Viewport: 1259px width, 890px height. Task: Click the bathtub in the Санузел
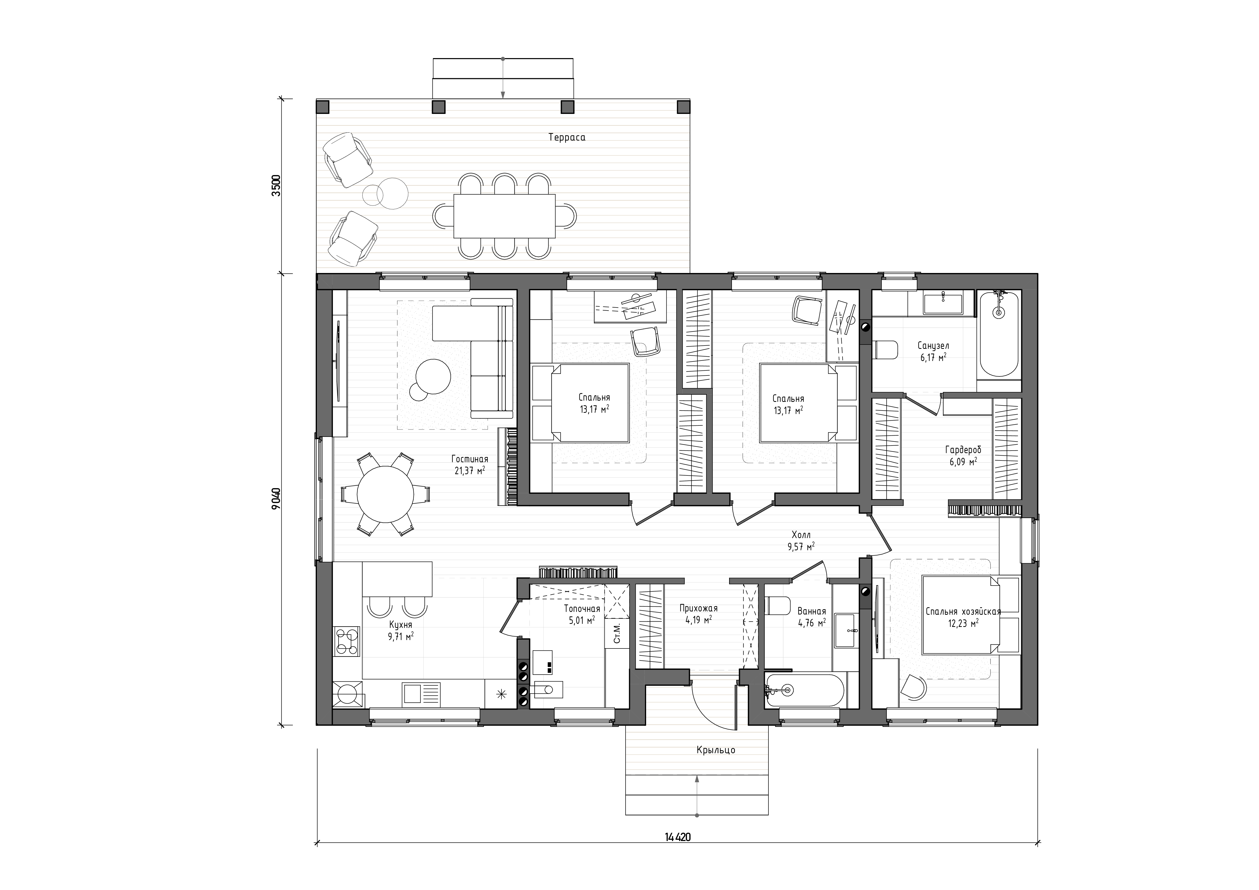(999, 334)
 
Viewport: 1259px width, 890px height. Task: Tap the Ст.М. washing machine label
(616, 633)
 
